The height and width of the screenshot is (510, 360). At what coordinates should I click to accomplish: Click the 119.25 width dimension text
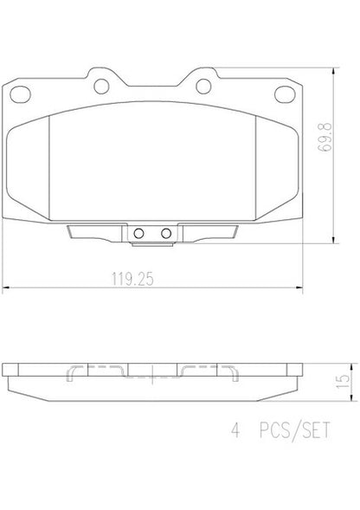click(x=132, y=279)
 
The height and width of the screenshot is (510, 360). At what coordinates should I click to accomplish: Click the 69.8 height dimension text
click(x=325, y=137)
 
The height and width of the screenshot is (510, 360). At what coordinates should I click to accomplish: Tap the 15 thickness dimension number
click(x=343, y=381)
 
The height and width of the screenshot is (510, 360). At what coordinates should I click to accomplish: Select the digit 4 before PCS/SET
click(x=235, y=430)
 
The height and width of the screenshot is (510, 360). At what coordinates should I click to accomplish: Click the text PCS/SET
click(x=294, y=430)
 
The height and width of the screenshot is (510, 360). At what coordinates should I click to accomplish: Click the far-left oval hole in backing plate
click(x=20, y=94)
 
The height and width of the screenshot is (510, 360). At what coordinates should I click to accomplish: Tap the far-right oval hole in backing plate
click(x=285, y=94)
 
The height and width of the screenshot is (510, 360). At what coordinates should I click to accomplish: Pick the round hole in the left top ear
click(x=101, y=87)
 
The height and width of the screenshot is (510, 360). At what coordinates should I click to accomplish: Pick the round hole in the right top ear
click(x=203, y=87)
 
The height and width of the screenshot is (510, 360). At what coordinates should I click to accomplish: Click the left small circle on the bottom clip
click(x=138, y=233)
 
